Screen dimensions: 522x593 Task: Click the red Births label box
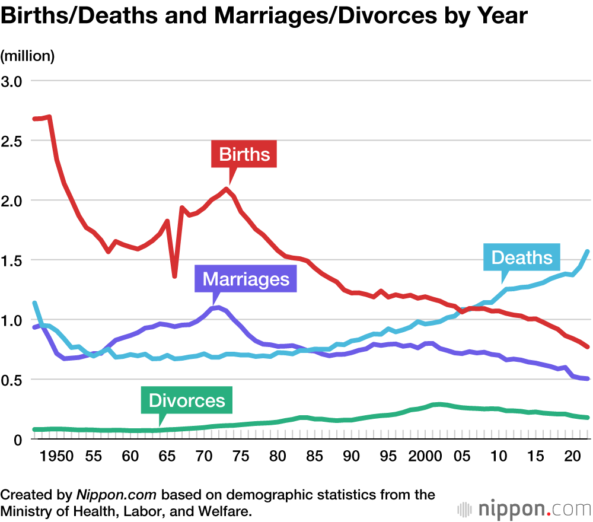[244, 155]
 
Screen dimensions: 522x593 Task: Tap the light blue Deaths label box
[522, 257]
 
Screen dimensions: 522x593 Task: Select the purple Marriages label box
[246, 279]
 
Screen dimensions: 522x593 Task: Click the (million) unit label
[27, 56]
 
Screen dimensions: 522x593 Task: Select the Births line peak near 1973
[226, 189]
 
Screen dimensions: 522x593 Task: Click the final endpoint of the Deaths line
[588, 252]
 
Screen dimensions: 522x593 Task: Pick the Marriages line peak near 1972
[219, 307]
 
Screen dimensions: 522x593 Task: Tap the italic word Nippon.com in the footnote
[116, 495]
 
